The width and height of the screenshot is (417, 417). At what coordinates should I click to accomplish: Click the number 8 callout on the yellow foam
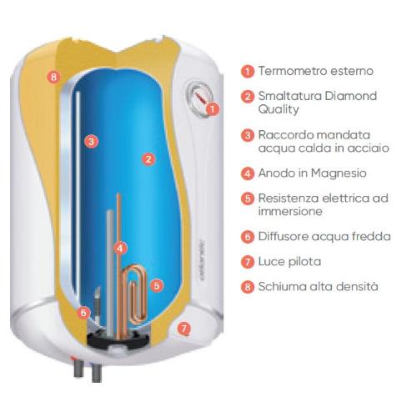[53, 76]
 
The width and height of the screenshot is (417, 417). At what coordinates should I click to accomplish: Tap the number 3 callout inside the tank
[92, 142]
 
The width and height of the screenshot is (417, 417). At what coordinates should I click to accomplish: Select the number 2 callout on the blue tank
[148, 159]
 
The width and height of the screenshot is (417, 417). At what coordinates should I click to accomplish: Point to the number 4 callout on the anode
[120, 249]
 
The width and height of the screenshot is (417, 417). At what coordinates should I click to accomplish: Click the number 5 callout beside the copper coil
[157, 285]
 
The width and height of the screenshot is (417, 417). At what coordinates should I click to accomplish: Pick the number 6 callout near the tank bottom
[83, 313]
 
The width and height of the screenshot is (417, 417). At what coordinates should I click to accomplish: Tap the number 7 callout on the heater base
[184, 329]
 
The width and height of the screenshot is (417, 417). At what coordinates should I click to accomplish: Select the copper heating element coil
[136, 294]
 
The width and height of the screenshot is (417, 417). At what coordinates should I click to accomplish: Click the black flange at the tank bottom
[119, 339]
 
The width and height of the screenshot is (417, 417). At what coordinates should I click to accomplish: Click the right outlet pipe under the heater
[96, 373]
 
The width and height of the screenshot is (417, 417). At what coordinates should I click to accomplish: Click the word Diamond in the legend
[350, 96]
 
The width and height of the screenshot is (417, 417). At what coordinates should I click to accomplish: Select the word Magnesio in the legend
[339, 173]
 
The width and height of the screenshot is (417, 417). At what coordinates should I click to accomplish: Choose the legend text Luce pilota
[289, 262]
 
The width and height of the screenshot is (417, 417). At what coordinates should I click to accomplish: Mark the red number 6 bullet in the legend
[248, 237]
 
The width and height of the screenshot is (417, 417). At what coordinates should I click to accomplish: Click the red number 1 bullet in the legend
[248, 72]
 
